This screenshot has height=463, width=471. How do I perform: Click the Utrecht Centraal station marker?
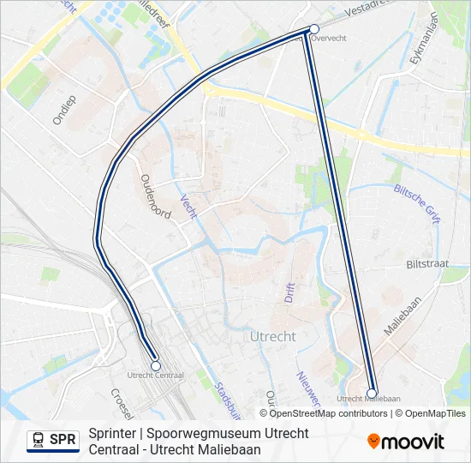click(156, 365)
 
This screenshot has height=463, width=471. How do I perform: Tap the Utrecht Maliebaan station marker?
click(372, 394)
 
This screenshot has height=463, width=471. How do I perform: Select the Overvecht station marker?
click(314, 28)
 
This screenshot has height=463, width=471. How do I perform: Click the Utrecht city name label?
click(274, 337)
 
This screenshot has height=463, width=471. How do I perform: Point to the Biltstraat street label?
click(428, 265)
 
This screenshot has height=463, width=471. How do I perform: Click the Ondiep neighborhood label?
click(64, 110)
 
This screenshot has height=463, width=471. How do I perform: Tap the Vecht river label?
click(188, 206)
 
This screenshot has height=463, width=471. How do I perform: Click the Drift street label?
click(289, 292)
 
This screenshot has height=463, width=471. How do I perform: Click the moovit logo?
click(406, 442)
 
